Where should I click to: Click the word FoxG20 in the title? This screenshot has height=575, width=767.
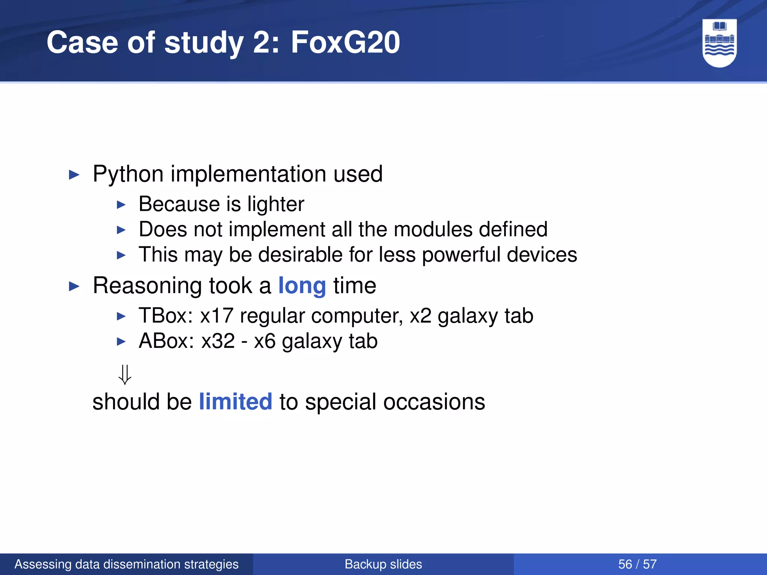click(345, 42)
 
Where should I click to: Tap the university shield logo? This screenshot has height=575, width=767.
click(719, 43)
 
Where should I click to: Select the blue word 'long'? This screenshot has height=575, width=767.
click(302, 286)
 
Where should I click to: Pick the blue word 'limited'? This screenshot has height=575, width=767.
click(235, 402)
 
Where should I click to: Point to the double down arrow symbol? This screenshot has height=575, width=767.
click(125, 375)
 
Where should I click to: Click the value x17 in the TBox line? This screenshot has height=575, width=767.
click(216, 316)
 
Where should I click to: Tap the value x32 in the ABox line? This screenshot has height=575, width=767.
click(218, 341)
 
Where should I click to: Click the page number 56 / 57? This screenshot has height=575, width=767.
click(637, 564)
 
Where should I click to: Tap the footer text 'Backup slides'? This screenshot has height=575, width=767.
click(383, 564)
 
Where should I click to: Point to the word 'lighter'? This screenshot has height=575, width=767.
click(276, 204)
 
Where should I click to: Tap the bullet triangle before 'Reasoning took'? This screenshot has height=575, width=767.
click(75, 287)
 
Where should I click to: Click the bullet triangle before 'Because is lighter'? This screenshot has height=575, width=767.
click(121, 205)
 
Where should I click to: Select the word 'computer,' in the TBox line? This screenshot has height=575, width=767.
click(357, 316)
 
